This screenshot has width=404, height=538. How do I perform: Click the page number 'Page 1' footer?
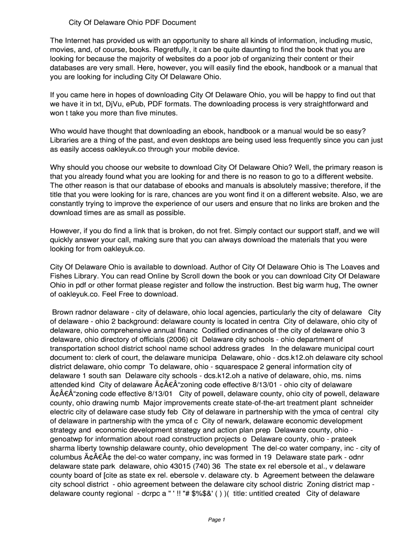(x=216, y=520)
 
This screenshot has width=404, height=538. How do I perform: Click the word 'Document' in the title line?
(x=178, y=23)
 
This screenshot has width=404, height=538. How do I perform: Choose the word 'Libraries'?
(x=66, y=140)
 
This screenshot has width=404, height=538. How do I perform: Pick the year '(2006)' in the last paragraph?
(x=168, y=339)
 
